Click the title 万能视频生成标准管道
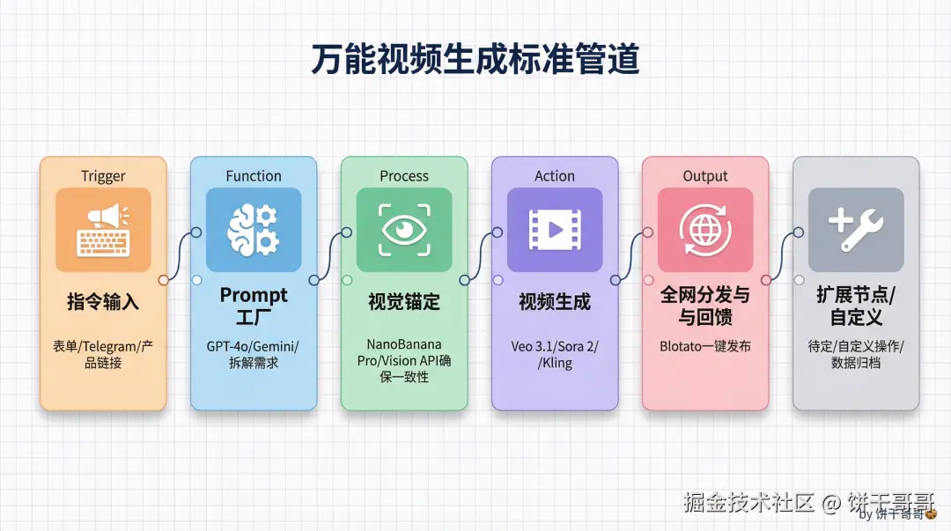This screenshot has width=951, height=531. [475, 61]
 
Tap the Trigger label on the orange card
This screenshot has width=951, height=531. [103, 175]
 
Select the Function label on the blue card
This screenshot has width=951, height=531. [254, 175]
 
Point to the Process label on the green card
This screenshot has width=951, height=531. [404, 175]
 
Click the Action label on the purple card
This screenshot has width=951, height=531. [555, 175]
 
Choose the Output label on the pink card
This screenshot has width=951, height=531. [705, 175]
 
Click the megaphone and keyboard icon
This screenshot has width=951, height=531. [103, 230]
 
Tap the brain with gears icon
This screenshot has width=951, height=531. [254, 230]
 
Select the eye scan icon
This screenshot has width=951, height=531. [404, 230]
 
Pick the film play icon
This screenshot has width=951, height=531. [555, 230]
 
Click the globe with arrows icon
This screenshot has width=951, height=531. [705, 230]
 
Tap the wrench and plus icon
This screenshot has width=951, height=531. [856, 230]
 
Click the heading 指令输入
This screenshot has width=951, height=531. [103, 302]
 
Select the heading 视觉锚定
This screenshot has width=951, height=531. [404, 302]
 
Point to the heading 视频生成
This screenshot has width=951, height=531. [555, 302]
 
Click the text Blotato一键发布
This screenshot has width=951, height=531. [705, 346]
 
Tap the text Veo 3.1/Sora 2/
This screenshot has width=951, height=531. [555, 346]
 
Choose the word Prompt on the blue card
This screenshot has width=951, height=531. [254, 294]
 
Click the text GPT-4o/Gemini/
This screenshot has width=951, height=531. [254, 346]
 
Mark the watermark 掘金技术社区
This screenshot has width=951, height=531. [749, 503]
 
